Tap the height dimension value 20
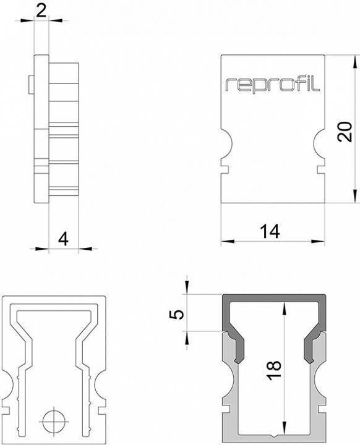coord(346,131)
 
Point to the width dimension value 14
coord(270,231)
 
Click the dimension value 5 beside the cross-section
coord(177,314)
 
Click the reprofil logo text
coord(272,85)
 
